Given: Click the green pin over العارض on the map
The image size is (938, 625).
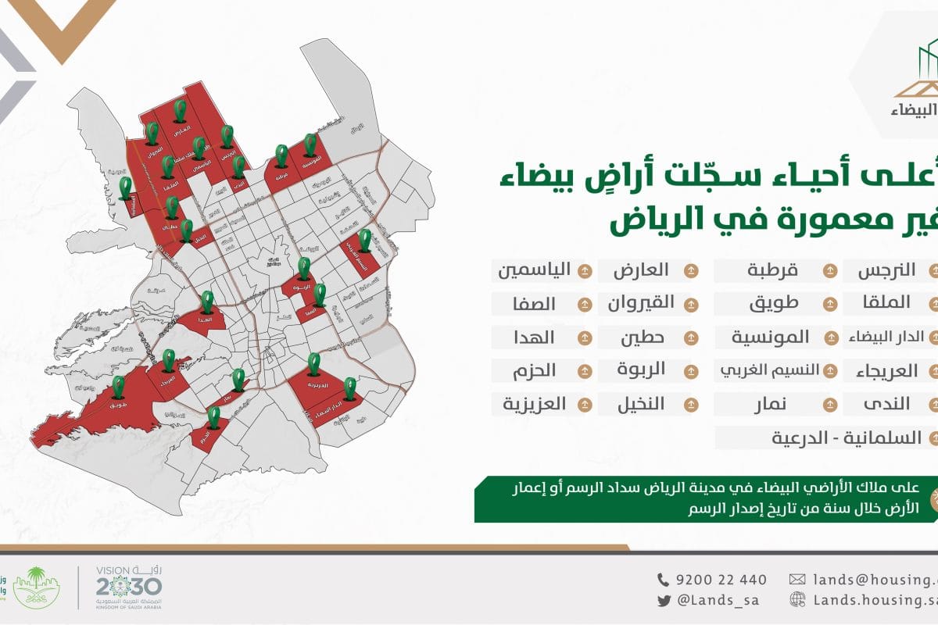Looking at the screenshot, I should coord(180,111).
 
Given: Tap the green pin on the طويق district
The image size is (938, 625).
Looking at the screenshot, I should coord(118,386).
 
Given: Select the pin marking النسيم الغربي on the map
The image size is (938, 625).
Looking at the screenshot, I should coord(364,240).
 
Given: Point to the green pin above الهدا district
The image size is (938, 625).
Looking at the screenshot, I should coord(207,302).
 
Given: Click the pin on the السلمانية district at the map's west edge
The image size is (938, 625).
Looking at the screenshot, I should coord(126,187).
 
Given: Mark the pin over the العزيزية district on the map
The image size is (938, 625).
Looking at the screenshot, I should coord(313,363).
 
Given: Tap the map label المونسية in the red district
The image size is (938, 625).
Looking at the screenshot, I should coord(310,166).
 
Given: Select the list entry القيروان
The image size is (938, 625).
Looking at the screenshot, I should coord(641,304).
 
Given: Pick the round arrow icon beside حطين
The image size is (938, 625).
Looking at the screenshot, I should coord(690,337).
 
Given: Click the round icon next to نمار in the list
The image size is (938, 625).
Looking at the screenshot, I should coord(829,404).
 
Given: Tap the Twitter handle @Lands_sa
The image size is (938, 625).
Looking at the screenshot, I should coord(718,600).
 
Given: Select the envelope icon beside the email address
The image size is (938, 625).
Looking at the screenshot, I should coord(797,580).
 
